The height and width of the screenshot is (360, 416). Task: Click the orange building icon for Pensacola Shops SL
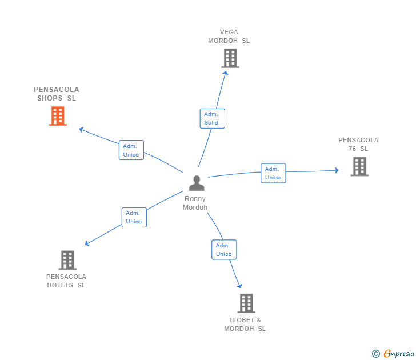[58, 116]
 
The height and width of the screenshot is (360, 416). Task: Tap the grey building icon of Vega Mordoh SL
[230, 58]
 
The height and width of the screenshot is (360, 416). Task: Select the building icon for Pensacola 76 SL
[359, 166]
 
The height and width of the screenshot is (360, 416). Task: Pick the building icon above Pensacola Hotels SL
[67, 260]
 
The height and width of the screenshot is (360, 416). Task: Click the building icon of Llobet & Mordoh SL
[246, 303]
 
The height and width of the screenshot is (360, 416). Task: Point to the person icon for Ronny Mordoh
[196, 183]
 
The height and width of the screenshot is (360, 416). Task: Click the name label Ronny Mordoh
[195, 203]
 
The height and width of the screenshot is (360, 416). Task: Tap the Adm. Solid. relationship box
[213, 118]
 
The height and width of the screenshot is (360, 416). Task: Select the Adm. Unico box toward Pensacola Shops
[131, 150]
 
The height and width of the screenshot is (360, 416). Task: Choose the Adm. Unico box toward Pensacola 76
[273, 173]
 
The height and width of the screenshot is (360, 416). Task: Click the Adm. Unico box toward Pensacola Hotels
[134, 217]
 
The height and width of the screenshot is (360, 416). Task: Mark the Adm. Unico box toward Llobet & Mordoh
[223, 250]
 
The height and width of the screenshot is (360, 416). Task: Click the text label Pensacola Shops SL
[57, 94]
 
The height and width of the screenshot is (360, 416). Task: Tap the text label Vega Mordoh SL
[229, 37]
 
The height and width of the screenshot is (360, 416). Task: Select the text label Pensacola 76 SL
[358, 144]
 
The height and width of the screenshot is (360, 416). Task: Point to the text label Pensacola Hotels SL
[66, 281]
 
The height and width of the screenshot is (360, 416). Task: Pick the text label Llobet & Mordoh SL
[245, 324]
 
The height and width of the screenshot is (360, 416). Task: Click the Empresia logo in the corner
[399, 353]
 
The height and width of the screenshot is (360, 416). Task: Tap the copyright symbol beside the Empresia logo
[376, 354]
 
